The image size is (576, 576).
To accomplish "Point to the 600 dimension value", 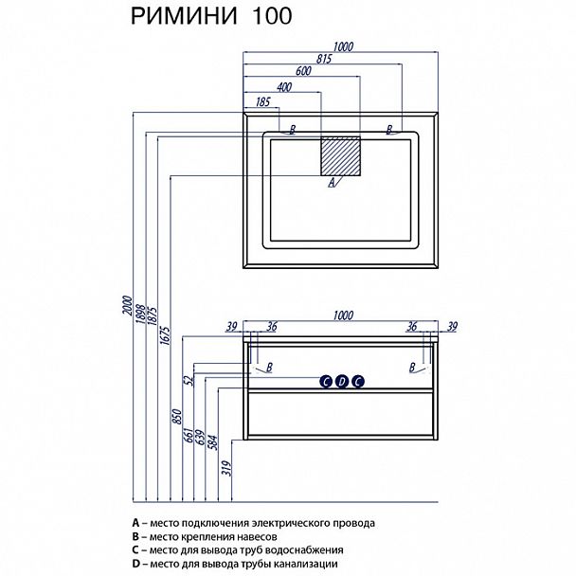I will coord(303,71).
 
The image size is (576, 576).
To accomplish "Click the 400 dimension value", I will coord(283,86).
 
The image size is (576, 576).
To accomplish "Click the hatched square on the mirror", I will coord(341,157).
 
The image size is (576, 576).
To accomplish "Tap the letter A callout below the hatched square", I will coord(331,185).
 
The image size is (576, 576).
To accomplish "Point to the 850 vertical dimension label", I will coord(176,417).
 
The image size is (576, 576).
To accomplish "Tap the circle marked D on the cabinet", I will coord(341,382).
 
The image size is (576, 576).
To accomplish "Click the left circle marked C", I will coord(325,382).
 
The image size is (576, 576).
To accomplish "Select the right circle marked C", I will coord(357,382).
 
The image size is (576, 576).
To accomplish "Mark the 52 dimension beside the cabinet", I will coord(188,381).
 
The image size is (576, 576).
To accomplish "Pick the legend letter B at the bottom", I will coord(136,536).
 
